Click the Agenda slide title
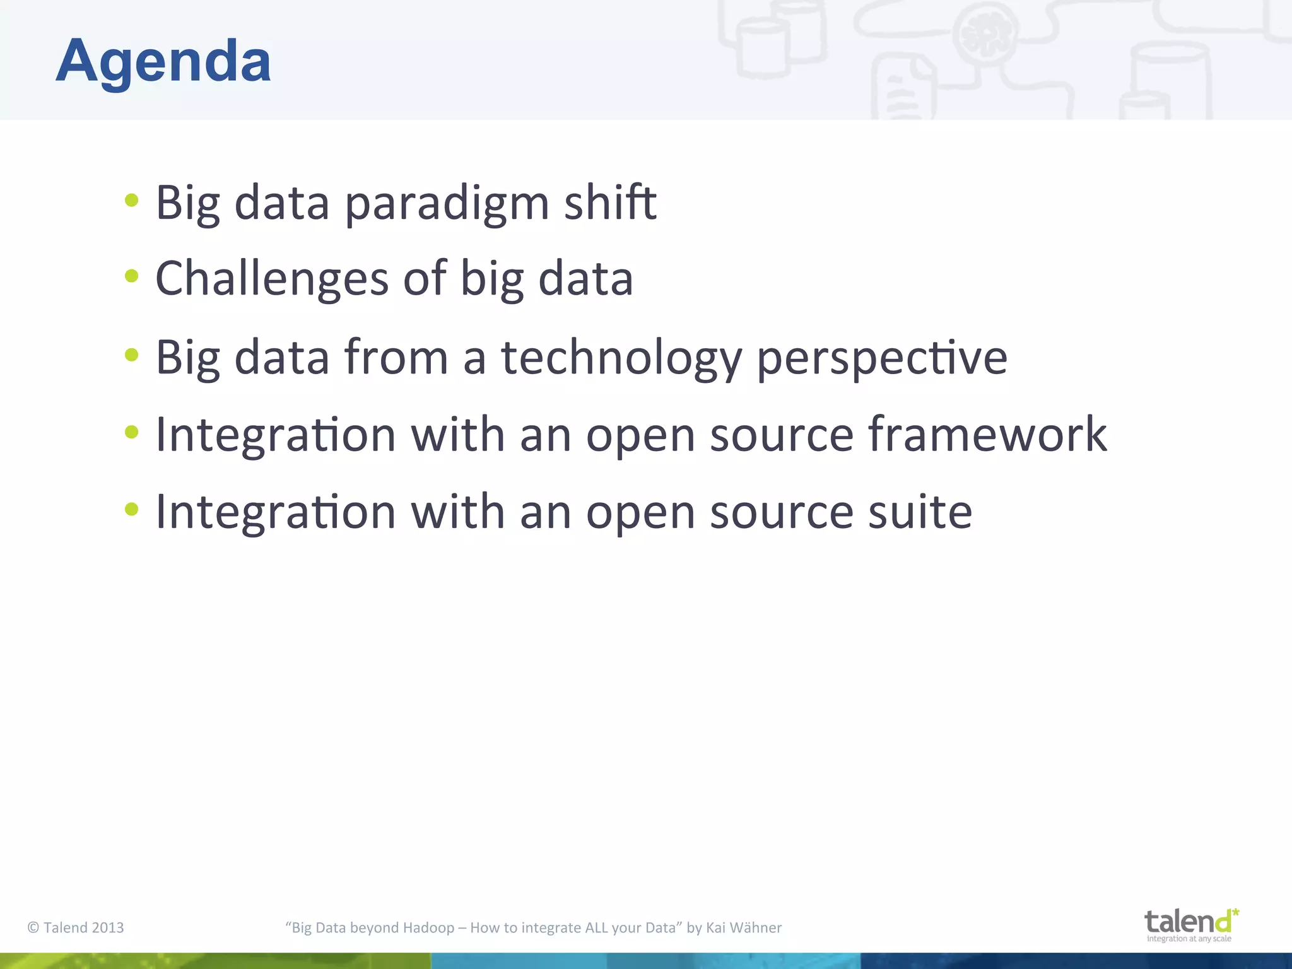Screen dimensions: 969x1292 [x=163, y=61]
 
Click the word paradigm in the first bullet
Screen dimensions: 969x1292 [x=447, y=203]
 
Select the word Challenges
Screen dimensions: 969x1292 [x=272, y=279]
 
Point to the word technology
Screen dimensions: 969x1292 [x=621, y=358]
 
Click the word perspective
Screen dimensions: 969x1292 [x=881, y=358]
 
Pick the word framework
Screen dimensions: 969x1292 [x=987, y=435]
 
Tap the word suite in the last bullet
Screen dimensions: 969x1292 [x=920, y=512]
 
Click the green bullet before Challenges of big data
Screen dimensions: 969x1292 [x=131, y=276]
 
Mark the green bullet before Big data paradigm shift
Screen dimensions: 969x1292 [x=131, y=201]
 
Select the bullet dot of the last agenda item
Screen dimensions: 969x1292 [x=131, y=508]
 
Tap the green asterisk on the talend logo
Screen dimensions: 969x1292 [x=1235, y=913]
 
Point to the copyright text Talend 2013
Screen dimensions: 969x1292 [x=76, y=927]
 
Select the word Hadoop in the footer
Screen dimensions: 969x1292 [x=428, y=927]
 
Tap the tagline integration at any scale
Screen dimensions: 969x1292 [x=1189, y=939]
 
